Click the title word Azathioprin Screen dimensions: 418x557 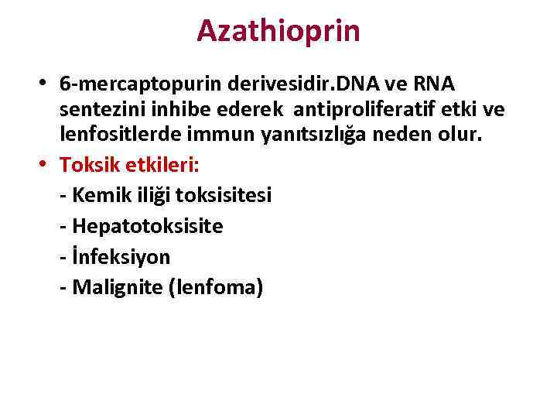click(278, 31)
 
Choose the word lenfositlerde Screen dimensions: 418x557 click(111, 135)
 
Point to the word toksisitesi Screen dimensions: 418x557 click(224, 195)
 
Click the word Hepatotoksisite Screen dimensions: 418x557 click(147, 226)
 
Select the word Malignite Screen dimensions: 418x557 click(117, 288)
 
